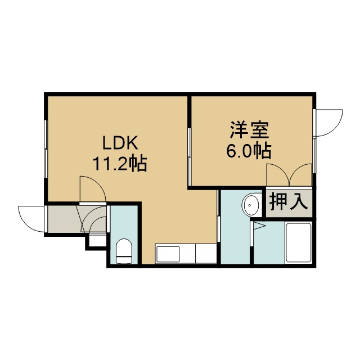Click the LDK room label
[x=120, y=142]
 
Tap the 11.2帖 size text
[x=120, y=163]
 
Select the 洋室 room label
[x=249, y=130]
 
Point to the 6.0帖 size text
[x=249, y=151]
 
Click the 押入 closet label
[x=289, y=202]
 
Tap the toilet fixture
[x=124, y=251]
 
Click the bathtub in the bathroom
[x=298, y=242]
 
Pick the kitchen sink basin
[x=168, y=254]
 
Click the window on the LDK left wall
[x=46, y=148]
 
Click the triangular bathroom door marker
[x=259, y=226]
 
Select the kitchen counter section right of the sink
[x=206, y=254]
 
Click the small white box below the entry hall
[x=97, y=240]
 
